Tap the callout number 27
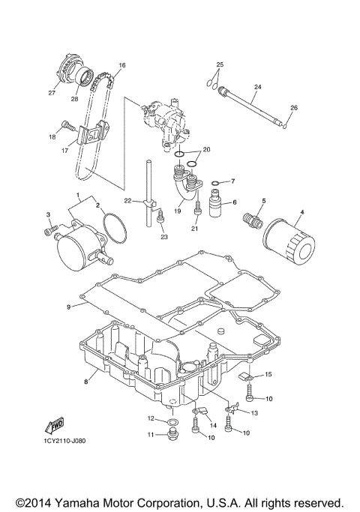coord(52,94)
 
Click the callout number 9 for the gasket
coord(67,307)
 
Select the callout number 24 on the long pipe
coord(257,88)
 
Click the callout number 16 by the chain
coord(122,65)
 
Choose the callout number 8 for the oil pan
coord(86,382)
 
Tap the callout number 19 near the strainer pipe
coord(178,211)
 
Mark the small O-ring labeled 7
coord(216,182)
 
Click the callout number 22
coord(128,201)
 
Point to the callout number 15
coord(269,373)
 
